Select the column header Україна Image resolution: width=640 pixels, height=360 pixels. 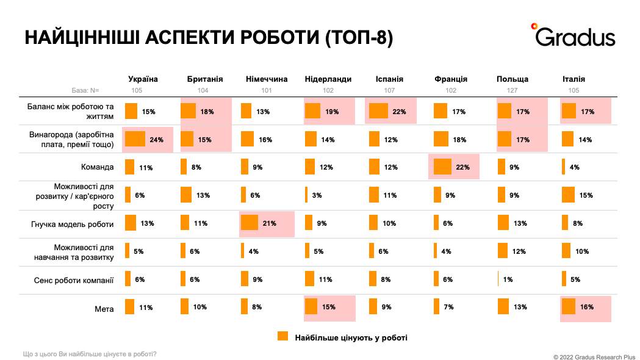pyautogui.click(x=143, y=79)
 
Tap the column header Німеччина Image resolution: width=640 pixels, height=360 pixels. pyautogui.click(x=267, y=79)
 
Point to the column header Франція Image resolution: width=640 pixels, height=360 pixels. pyautogui.click(x=451, y=79)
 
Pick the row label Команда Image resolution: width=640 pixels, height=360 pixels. pyautogui.click(x=98, y=167)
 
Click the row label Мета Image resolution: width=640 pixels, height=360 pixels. pyautogui.click(x=104, y=308)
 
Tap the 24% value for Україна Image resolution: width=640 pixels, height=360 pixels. pyautogui.click(x=156, y=140)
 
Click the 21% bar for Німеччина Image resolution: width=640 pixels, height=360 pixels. pyautogui.click(x=250, y=223)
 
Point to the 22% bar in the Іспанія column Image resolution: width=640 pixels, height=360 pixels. pyautogui.click(x=378, y=111)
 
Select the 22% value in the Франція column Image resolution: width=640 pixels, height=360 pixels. pyautogui.click(x=461, y=167)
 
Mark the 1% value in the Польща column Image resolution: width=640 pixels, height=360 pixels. pyautogui.click(x=508, y=279)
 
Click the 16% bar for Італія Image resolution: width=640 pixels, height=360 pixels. pyautogui.click(x=569, y=307)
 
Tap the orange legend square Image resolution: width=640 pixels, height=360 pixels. pyautogui.click(x=282, y=336)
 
